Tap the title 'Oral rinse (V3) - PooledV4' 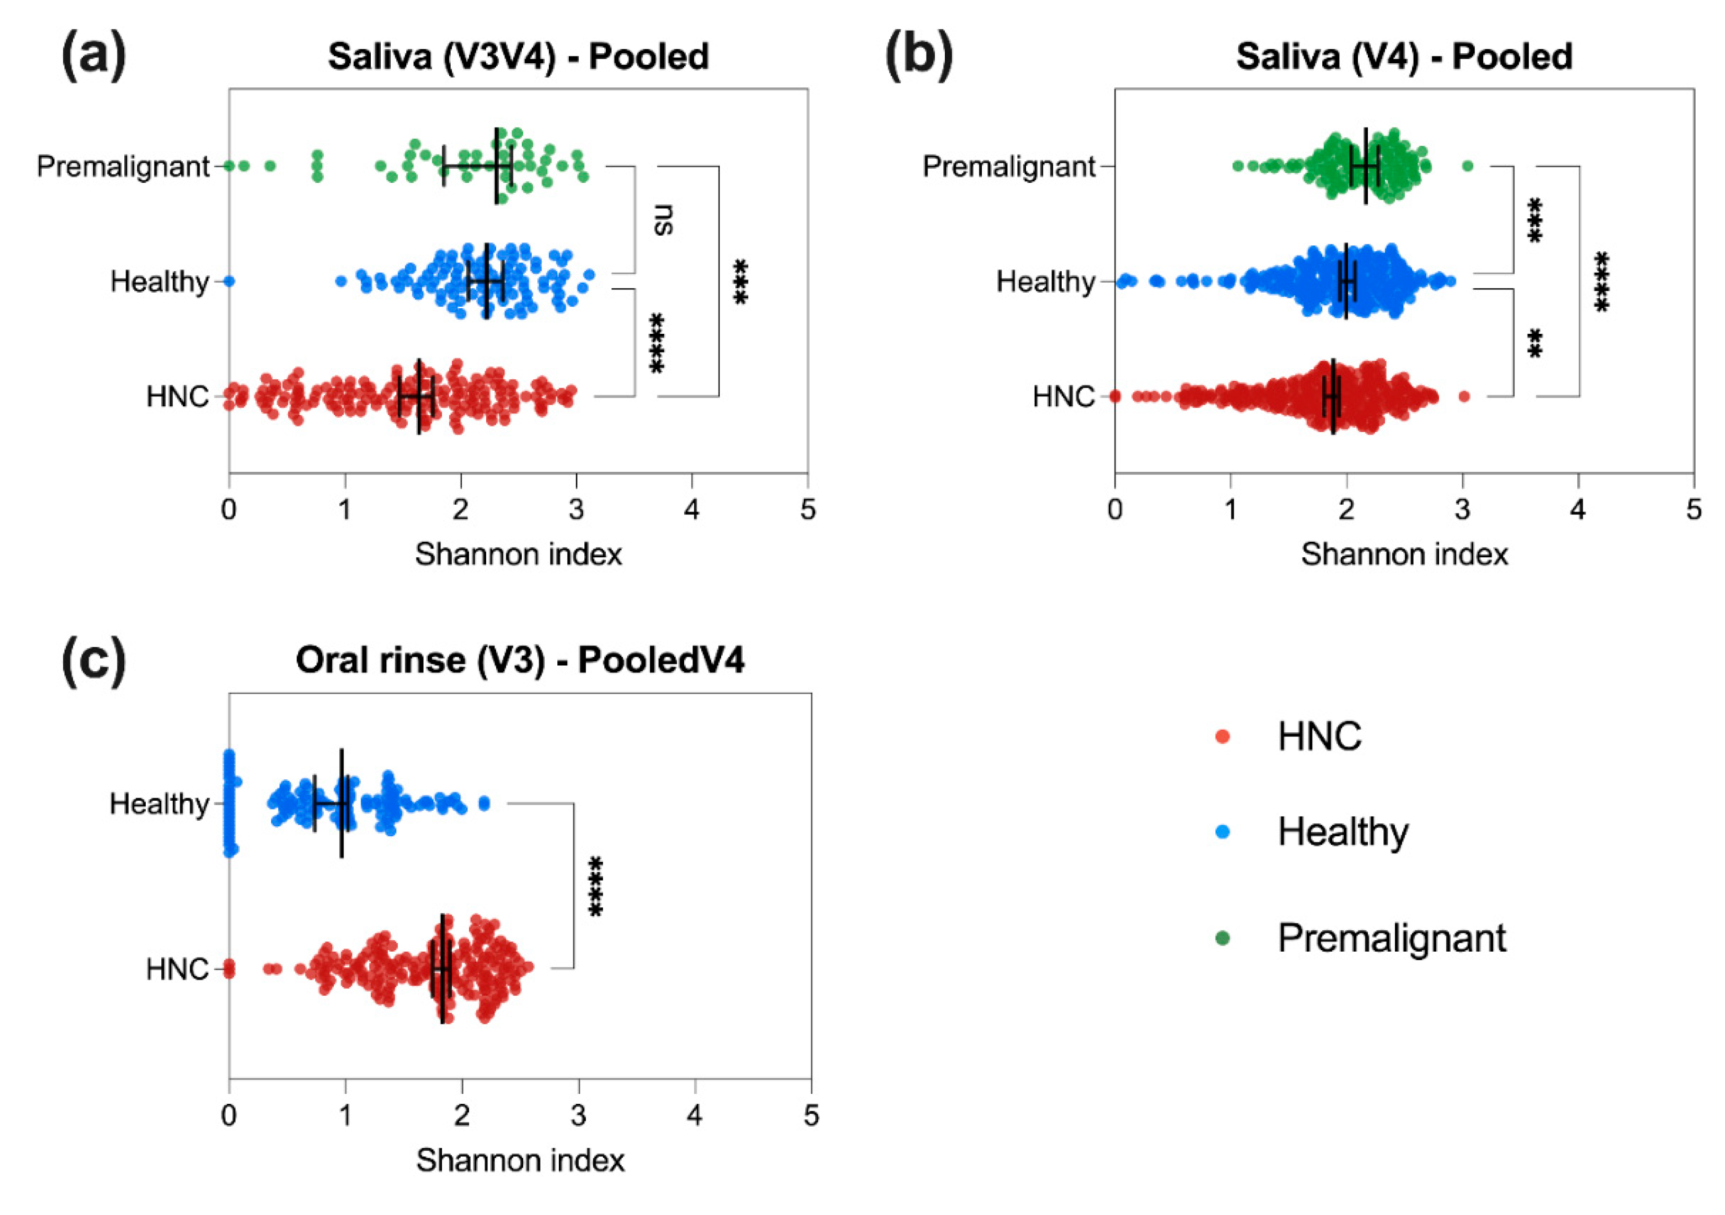click(x=520, y=660)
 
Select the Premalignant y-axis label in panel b click(x=1008, y=167)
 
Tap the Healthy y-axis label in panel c click(x=159, y=804)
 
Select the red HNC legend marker click(x=1223, y=737)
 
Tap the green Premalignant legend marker click(x=1223, y=938)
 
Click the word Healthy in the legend click(x=1343, y=832)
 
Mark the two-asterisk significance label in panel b click(x=1535, y=343)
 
